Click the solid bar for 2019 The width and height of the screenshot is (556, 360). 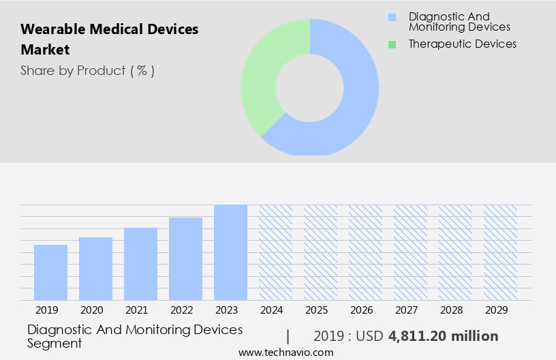click(50, 272)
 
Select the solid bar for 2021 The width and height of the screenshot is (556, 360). click(140, 264)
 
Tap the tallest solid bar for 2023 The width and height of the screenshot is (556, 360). click(230, 252)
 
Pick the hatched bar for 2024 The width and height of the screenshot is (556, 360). click(275, 252)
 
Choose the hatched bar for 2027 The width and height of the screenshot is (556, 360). click(410, 252)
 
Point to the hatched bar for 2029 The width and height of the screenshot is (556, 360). click(500, 252)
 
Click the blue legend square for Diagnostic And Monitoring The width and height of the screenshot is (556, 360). click(392, 17)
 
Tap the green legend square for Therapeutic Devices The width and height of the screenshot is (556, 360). click(392, 44)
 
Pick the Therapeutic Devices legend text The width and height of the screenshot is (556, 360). click(462, 44)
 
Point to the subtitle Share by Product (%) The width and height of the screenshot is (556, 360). click(87, 70)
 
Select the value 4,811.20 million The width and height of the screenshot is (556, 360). click(443, 336)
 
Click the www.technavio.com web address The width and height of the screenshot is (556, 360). click(286, 352)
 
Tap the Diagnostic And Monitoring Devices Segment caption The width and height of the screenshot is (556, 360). click(135, 336)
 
